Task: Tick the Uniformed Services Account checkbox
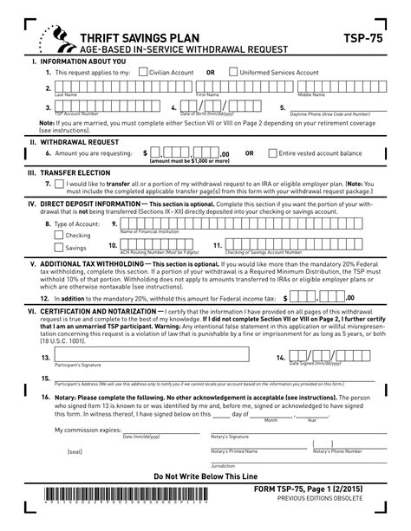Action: pyautogui.click(x=232, y=73)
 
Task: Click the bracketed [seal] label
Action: pyautogui.click(x=75, y=451)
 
